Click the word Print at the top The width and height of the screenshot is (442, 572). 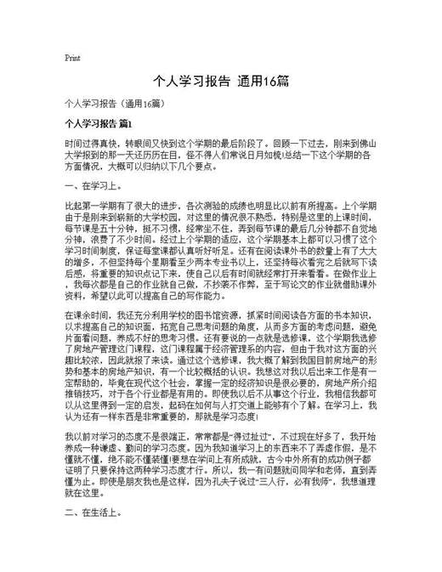coord(72,59)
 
